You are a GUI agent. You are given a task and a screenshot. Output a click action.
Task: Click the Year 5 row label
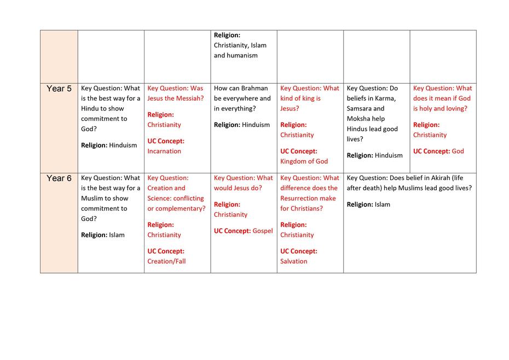pos(59,89)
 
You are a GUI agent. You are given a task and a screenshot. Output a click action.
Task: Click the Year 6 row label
pos(59,178)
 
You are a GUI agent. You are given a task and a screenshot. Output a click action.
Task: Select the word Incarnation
pos(164,151)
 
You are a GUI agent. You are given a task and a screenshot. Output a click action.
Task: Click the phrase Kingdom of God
pos(304,161)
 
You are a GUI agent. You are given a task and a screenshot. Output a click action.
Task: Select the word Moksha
pos(358,119)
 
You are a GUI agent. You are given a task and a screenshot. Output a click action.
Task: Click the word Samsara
pos(360,109)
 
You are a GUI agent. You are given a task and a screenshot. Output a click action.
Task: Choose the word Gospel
pos(263,231)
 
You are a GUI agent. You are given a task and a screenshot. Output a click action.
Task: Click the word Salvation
pos(294,262)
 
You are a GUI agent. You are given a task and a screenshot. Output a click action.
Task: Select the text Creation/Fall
pos(166,262)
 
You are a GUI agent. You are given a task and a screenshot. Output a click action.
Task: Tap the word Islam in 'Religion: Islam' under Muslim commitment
pos(117,235)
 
